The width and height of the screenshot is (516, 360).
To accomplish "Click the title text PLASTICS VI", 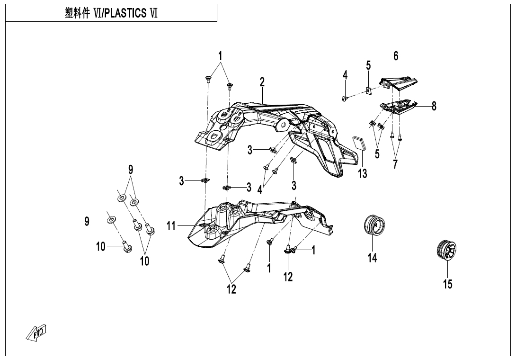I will point(111,13).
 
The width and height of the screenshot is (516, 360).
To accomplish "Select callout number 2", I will point(262,82).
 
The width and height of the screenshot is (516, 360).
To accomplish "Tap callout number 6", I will point(396,56).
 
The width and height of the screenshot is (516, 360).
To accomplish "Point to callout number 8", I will point(434,107).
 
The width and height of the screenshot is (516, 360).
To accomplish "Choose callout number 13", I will point(362,174).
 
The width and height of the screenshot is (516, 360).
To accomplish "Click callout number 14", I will point(373,258).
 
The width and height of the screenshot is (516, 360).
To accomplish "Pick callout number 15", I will point(447,284).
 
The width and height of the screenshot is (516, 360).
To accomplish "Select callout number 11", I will point(171,226).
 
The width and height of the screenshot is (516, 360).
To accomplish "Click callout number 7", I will point(395,164).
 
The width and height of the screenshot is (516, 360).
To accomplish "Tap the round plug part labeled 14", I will point(374,225).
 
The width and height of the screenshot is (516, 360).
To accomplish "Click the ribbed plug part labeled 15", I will point(446,250).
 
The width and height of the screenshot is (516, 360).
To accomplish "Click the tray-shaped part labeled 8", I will point(400,107).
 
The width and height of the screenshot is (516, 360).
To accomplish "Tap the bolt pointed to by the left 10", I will point(126,247).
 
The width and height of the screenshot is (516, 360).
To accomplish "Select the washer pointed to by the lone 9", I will point(112,220).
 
